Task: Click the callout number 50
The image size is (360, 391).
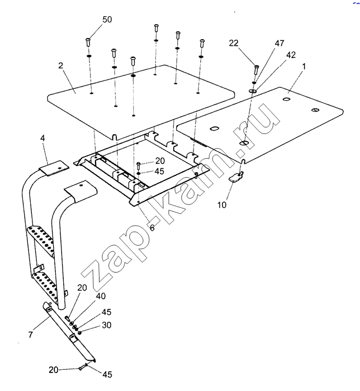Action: click(106, 20)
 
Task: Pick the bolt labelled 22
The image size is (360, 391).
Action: click(256, 69)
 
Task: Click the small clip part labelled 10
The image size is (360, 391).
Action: click(236, 178)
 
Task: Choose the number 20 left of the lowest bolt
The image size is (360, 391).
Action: click(53, 369)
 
